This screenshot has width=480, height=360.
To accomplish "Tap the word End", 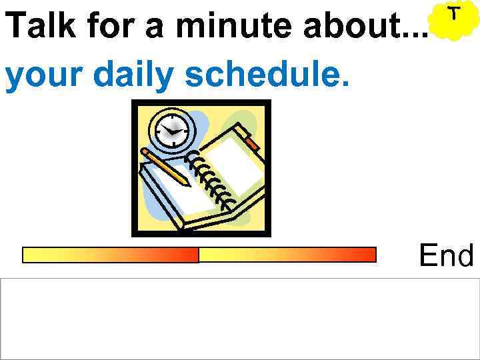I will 446,255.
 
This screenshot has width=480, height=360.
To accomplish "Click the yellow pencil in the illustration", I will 166,167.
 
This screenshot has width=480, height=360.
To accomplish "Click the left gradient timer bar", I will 111,255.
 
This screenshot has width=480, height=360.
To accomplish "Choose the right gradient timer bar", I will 288,255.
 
